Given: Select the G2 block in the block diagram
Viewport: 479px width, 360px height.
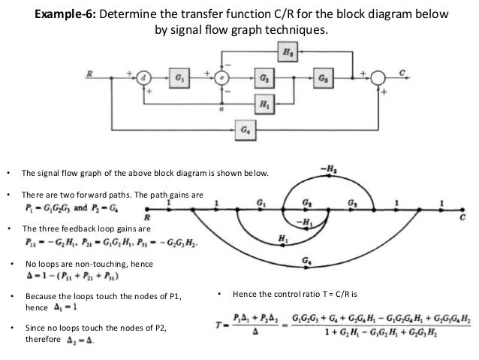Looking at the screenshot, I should tap(264, 77).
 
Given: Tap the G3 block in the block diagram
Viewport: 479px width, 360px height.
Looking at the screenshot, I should tap(322, 77).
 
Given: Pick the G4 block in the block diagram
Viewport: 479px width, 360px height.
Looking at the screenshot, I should tap(244, 129).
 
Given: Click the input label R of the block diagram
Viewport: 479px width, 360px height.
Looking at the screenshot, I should tap(90, 73).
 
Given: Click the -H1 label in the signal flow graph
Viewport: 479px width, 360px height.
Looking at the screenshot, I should tap(304, 222).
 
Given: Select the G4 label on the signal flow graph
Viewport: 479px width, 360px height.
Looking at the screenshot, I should tap(306, 260).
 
